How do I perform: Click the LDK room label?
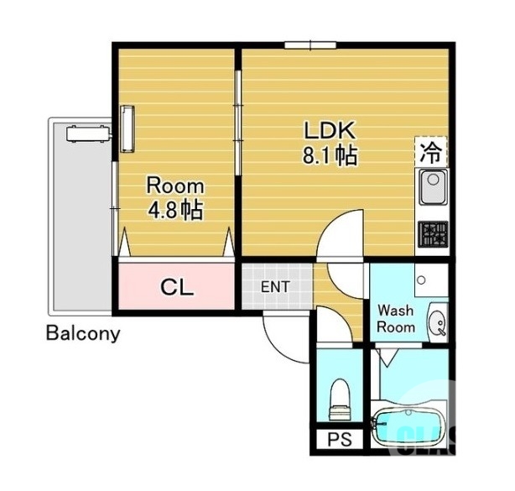[330, 131]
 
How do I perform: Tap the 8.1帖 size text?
[330, 156]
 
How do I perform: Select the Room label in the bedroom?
[175, 185]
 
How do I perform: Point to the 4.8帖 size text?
[175, 210]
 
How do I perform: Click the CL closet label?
[177, 288]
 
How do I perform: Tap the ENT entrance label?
[275, 287]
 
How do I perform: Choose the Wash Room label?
[395, 318]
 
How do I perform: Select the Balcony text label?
[82, 333]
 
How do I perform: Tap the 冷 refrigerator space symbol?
[430, 153]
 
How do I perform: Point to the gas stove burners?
[433, 233]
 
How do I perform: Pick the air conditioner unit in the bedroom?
[127, 128]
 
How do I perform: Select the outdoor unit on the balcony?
[87, 131]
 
